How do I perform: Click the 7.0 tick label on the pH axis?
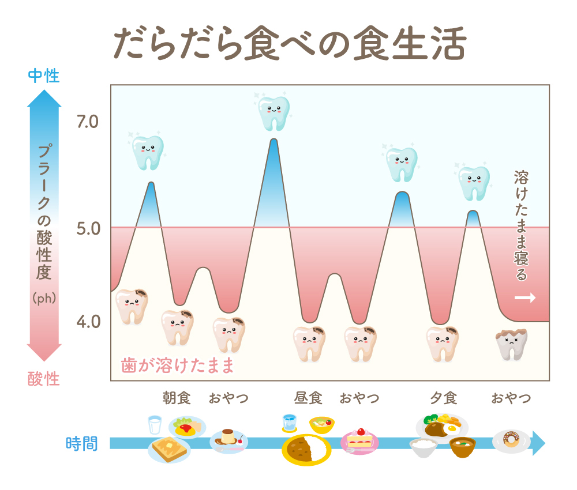click(x=88, y=122)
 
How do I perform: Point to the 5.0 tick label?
click(x=88, y=229)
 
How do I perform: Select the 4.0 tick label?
click(x=88, y=321)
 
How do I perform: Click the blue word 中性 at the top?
click(x=44, y=76)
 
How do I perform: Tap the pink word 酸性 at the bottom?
click(x=44, y=379)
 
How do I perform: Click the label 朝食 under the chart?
click(x=177, y=398)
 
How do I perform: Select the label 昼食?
click(x=308, y=398)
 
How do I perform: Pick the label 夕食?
click(x=443, y=398)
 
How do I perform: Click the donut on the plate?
click(x=511, y=440)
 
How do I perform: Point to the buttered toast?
click(x=168, y=448)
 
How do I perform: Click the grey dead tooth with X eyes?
click(x=512, y=344)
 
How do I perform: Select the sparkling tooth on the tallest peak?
click(x=273, y=112)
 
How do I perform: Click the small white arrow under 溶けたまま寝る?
click(x=525, y=298)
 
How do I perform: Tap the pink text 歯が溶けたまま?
click(x=178, y=365)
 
